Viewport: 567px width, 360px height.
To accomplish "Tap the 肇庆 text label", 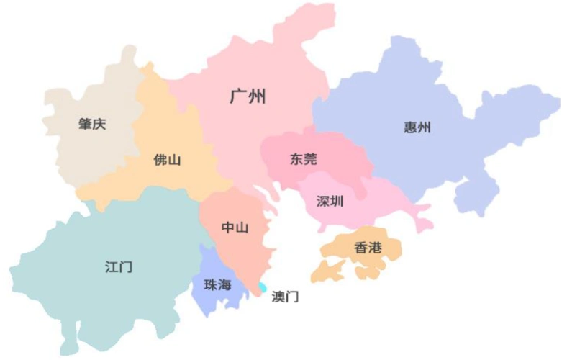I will coord(92,124).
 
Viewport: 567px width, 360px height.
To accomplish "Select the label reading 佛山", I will coord(167,160).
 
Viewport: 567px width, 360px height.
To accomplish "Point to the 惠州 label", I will coord(417,128).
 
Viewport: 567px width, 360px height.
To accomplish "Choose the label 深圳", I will coord(330,201).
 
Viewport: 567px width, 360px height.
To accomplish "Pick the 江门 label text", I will coord(119,266).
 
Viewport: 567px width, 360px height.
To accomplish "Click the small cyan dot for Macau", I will coord(262,288).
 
